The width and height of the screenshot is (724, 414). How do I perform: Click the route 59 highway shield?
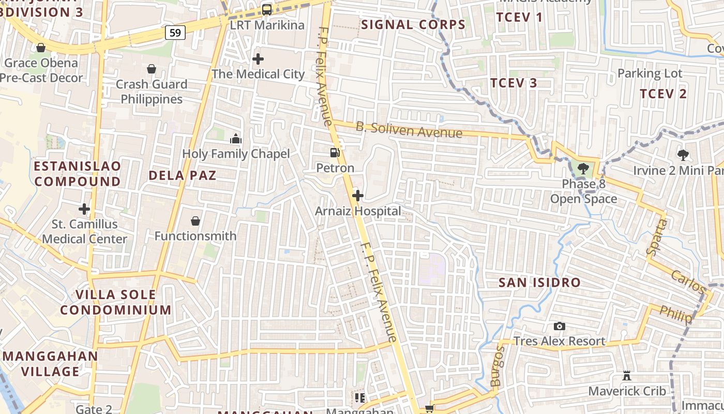[x=175, y=33]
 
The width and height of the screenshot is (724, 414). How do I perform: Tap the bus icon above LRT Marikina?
[x=267, y=9]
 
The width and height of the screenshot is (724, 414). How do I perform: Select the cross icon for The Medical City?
[x=258, y=59]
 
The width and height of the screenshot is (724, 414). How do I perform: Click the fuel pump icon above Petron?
[x=335, y=153]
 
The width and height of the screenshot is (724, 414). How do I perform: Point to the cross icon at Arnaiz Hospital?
[x=357, y=196]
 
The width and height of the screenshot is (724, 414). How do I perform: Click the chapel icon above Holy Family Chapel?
[x=236, y=139]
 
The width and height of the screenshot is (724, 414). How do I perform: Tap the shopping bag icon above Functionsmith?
[x=195, y=221]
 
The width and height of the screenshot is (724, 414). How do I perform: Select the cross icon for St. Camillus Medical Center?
[x=84, y=209]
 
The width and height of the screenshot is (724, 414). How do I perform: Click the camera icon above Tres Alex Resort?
[x=559, y=326]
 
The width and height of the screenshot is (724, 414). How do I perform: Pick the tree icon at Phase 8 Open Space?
[x=583, y=168]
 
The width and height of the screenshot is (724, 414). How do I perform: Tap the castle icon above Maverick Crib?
[x=627, y=376]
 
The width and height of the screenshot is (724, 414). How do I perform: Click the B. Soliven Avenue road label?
[x=409, y=129]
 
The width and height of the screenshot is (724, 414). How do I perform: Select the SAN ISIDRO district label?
[x=539, y=283]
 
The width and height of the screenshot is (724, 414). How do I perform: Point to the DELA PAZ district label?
[x=182, y=175]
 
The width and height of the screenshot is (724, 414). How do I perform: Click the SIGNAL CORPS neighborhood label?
[x=413, y=24]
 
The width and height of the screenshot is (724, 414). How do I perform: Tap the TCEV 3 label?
[x=514, y=83]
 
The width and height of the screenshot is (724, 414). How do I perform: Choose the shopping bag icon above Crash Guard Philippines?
[x=152, y=69]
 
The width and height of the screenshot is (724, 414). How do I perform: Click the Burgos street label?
[x=497, y=366]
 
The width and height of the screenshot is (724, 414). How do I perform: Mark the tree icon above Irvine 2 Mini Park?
[x=683, y=154]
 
